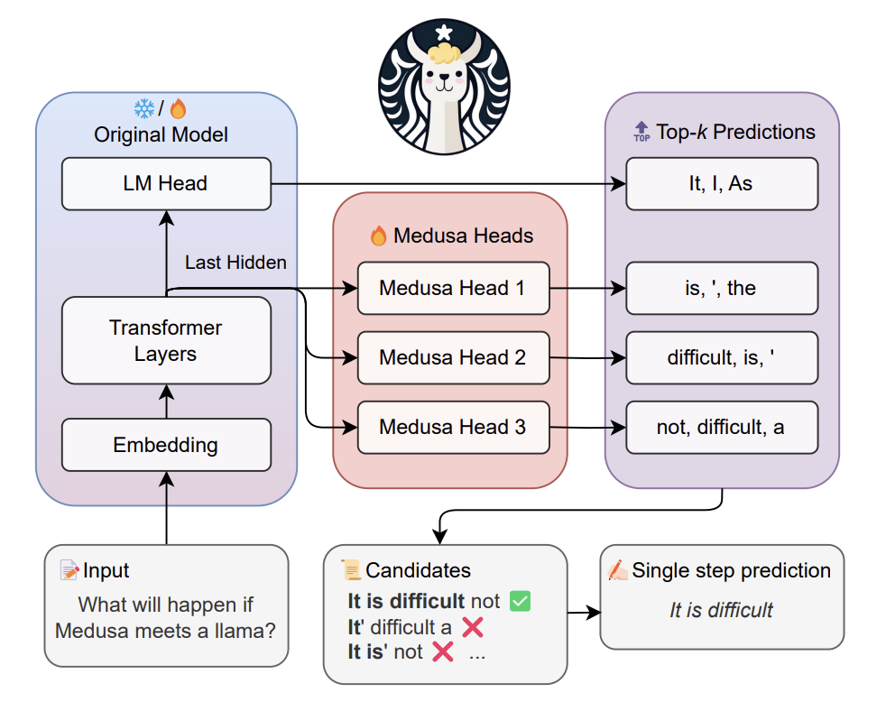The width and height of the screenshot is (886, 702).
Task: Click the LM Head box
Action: click(166, 183)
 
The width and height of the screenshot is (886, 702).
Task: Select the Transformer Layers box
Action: click(166, 340)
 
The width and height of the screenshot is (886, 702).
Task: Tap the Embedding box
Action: click(166, 445)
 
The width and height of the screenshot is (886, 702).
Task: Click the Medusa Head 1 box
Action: click(453, 289)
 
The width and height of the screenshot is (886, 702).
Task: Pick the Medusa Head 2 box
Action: click(453, 357)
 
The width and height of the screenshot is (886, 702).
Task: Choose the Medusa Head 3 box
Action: click(453, 427)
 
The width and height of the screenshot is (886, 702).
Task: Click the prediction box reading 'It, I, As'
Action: click(721, 183)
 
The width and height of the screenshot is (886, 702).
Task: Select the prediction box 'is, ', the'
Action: click(721, 289)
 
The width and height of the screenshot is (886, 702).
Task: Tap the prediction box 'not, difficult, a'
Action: click(721, 427)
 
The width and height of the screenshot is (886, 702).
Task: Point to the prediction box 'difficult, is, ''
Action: click(721, 357)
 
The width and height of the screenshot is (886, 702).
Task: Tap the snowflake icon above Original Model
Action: click(144, 109)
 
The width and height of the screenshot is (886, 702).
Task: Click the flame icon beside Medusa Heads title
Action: click(379, 236)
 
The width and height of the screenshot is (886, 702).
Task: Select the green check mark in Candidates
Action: click(520, 601)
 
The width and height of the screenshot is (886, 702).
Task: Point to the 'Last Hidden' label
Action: click(235, 263)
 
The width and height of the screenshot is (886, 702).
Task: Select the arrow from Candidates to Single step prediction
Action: click(584, 612)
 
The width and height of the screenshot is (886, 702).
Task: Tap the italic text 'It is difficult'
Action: click(721, 610)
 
